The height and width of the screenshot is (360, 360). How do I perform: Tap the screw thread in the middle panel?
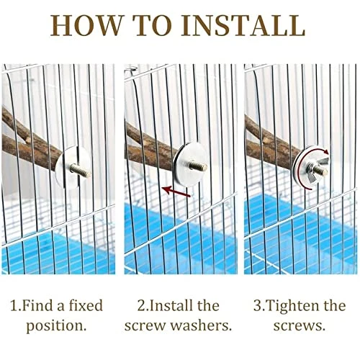(x=200, y=167)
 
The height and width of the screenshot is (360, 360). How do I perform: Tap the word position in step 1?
(x=57, y=325)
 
